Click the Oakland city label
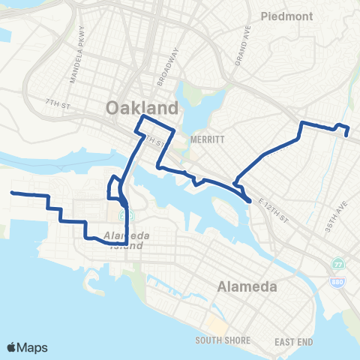[142, 107]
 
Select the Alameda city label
[247, 286]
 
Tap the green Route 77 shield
[337, 263]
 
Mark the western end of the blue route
[11, 193]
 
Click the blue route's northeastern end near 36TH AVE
[346, 135]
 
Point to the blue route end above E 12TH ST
[249, 200]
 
